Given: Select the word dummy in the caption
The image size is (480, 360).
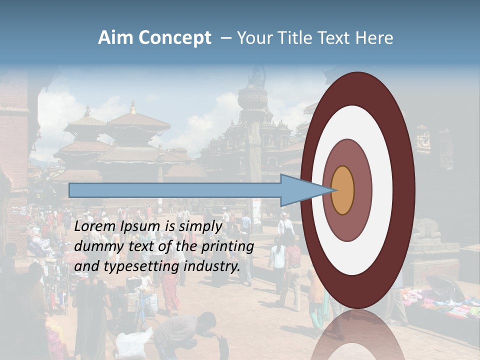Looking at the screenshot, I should click(95, 246).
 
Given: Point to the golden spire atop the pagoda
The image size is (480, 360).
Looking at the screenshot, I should click(132, 106).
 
